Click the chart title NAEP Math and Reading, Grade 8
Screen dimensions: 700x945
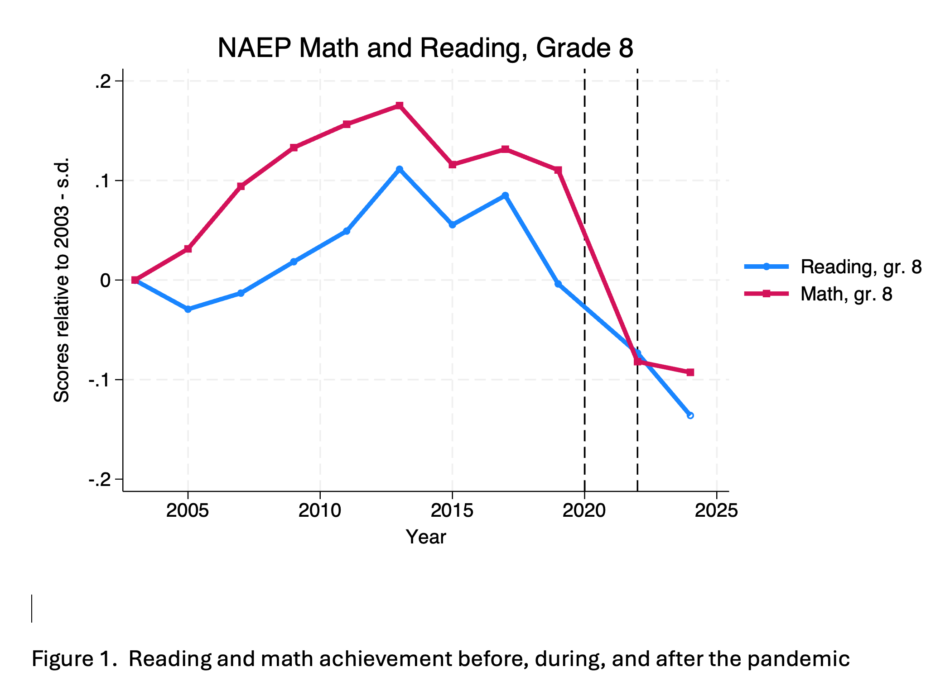(x=425, y=48)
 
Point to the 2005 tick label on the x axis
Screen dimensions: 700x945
(x=188, y=511)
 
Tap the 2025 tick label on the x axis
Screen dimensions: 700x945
(x=716, y=511)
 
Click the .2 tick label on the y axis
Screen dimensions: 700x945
(x=103, y=81)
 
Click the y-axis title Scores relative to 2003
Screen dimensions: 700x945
(x=62, y=280)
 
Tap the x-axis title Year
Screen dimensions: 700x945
(x=426, y=537)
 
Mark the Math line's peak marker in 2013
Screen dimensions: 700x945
(x=399, y=105)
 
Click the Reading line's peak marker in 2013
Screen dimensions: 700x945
(x=399, y=169)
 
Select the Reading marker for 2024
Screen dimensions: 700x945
(x=690, y=415)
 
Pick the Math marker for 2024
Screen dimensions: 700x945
(x=690, y=372)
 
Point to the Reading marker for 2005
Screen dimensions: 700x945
(x=188, y=310)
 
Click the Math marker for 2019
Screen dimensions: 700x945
(x=558, y=170)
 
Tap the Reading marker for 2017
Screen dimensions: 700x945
(x=505, y=195)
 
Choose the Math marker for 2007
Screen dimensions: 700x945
(x=241, y=186)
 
